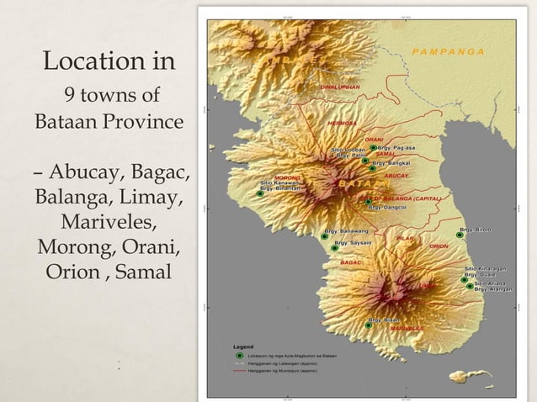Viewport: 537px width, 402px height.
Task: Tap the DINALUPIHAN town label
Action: click(340, 87)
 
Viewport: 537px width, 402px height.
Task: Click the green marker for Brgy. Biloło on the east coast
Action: click(460, 235)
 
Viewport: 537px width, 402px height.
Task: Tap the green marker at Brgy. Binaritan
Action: click(259, 193)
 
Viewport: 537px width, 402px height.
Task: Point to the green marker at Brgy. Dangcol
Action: click(366, 202)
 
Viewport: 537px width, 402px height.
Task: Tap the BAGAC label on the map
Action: click(350, 262)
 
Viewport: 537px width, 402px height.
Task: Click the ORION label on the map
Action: click(439, 246)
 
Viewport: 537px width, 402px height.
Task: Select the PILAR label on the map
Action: click(405, 238)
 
